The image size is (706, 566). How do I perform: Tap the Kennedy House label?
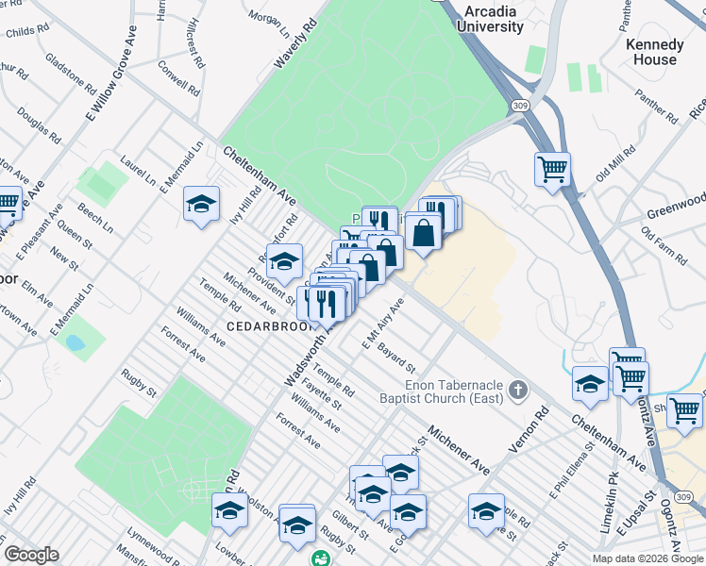tap(654, 52)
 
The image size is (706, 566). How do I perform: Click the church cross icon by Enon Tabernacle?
tap(516, 390)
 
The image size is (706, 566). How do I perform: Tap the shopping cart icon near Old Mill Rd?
tap(552, 170)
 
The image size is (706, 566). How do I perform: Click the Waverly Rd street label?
tap(293, 45)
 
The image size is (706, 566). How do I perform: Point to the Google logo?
tap(31, 555)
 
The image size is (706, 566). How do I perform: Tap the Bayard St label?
tap(396, 358)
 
